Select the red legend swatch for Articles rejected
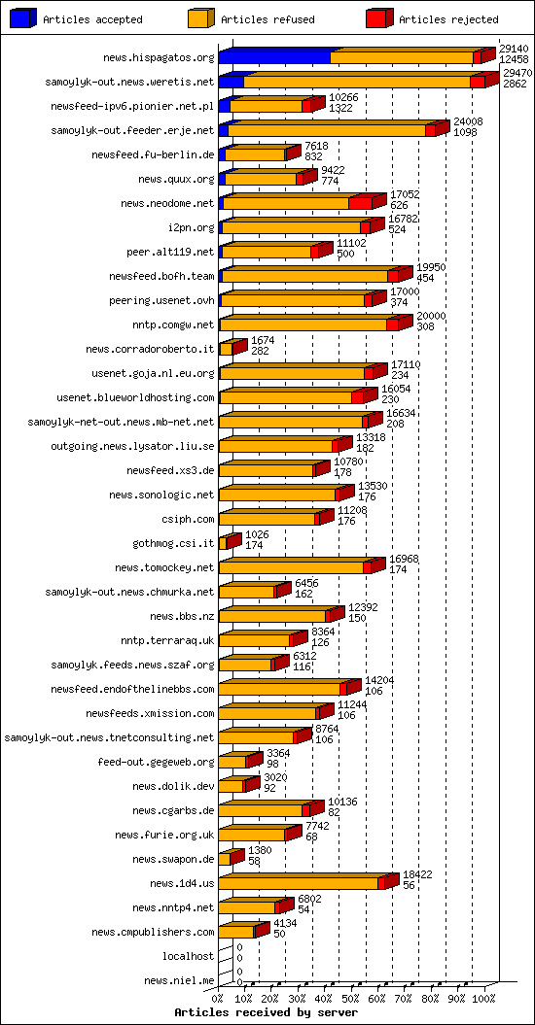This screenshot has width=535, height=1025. pos(378,18)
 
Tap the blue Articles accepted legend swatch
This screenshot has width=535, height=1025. pos(22,18)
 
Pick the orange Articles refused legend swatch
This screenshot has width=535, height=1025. pos(200,18)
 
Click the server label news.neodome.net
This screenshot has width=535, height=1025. pos(167,203)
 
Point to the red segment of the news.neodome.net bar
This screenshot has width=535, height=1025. pos(360,203)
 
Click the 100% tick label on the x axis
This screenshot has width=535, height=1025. pos(483,998)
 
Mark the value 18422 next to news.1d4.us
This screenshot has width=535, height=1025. pos(417,873)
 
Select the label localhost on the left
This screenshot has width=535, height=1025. pos(188,956)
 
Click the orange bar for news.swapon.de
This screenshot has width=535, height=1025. pos(224,859)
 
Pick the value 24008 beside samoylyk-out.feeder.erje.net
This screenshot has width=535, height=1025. pos(468,120)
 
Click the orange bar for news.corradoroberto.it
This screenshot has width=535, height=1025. pos(226,349)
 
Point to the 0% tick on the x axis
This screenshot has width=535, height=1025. pos(218,998)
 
